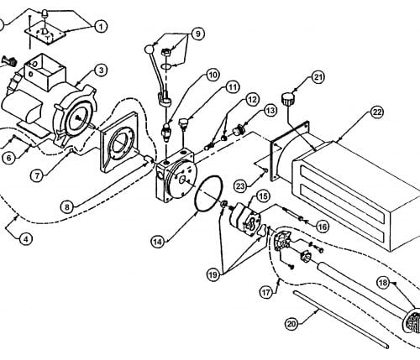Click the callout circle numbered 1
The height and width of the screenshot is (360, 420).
pyautogui.click(x=101, y=27)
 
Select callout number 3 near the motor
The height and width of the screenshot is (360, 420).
pyautogui.click(x=102, y=70)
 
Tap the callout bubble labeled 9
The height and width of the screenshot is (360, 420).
pyautogui.click(x=198, y=34)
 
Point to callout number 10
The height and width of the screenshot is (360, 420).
pyautogui.click(x=213, y=75)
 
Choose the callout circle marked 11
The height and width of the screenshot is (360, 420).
pyautogui.click(x=233, y=87)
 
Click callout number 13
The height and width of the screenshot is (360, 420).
pyautogui.click(x=270, y=111)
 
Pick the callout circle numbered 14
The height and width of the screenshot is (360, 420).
pyautogui.click(x=158, y=242)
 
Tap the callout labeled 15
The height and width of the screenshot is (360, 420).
pyautogui.click(x=263, y=196)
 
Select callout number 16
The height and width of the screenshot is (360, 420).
pyautogui.click(x=323, y=227)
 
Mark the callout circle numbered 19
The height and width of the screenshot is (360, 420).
pyautogui.click(x=213, y=275)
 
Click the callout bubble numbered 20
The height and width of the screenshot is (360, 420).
pyautogui.click(x=291, y=324)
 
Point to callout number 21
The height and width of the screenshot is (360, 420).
pyautogui.click(x=318, y=77)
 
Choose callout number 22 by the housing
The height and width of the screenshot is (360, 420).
pyautogui.click(x=377, y=112)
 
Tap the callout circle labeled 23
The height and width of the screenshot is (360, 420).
pyautogui.click(x=240, y=186)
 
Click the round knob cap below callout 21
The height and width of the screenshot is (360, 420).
pyautogui.click(x=287, y=100)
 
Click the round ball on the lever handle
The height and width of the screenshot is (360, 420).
pyautogui.click(x=149, y=50)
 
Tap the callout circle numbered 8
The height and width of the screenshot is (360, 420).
pyautogui.click(x=67, y=207)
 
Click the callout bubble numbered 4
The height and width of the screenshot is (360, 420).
pyautogui.click(x=26, y=239)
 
